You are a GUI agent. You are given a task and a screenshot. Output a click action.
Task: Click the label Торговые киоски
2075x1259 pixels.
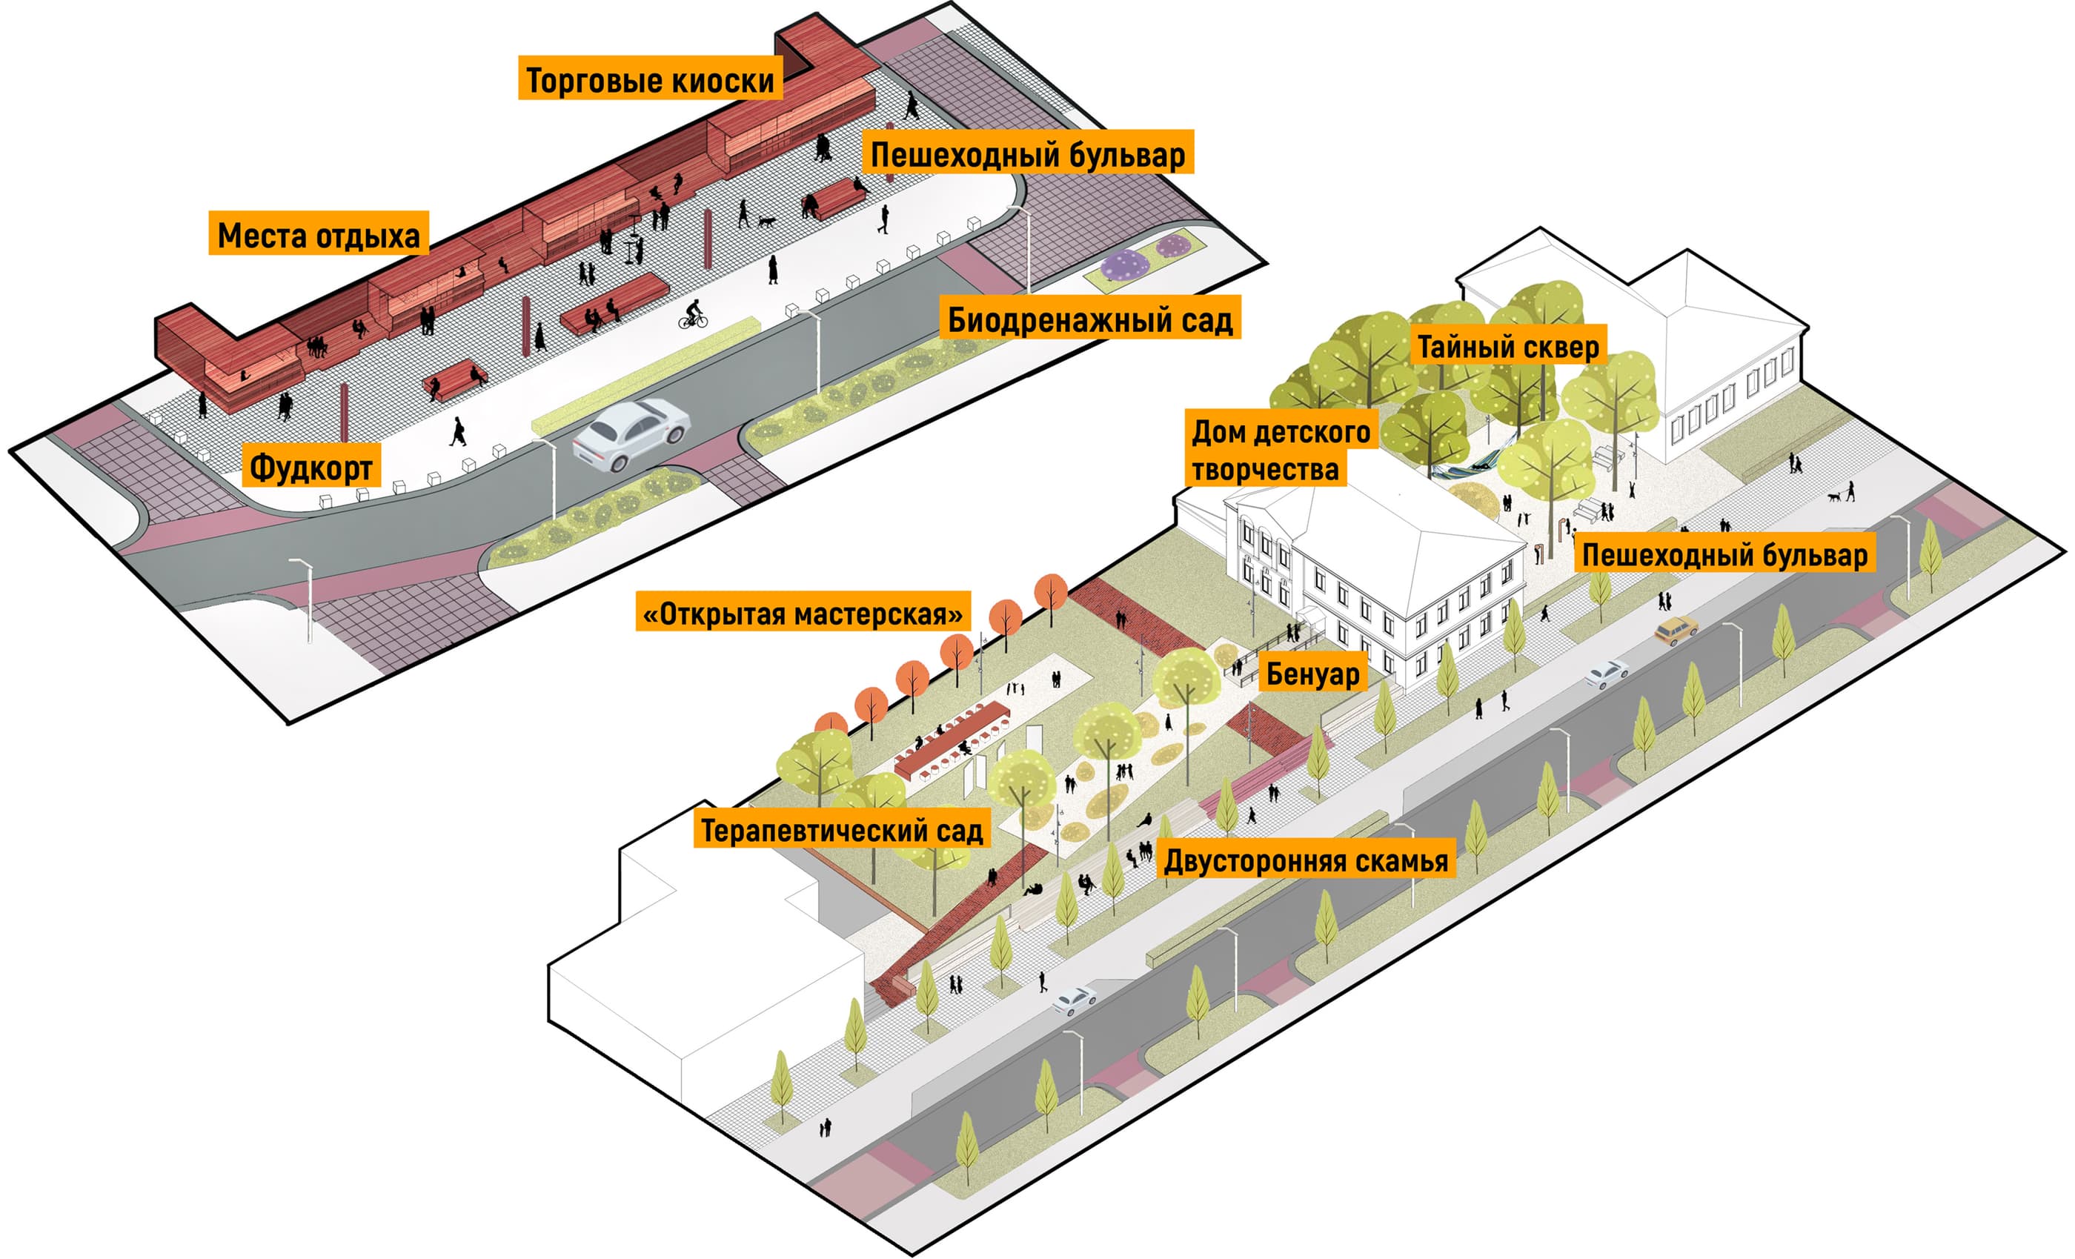649,79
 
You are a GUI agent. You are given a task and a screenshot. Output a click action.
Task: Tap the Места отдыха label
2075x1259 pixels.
319,234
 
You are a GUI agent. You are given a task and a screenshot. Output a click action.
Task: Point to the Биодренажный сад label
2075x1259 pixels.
1089,319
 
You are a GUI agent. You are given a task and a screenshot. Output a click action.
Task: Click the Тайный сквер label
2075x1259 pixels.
1508,346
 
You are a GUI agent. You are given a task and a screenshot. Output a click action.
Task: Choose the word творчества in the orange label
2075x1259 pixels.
1265,469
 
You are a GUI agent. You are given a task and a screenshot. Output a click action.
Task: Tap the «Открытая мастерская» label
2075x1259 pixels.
803,613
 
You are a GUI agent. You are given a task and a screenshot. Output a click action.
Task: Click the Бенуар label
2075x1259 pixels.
1312,673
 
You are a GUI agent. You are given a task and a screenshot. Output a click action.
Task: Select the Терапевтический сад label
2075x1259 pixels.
841,829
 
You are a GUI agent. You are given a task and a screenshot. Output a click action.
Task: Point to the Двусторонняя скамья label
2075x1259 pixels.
1306,860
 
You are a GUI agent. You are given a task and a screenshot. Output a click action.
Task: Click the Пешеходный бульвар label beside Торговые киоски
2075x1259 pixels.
1027,153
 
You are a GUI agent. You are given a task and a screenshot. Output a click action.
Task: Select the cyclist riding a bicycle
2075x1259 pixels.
693,314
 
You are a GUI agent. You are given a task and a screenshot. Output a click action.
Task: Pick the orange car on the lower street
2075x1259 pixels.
1676,629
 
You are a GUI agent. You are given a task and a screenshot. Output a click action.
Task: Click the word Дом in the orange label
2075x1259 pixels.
1218,432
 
